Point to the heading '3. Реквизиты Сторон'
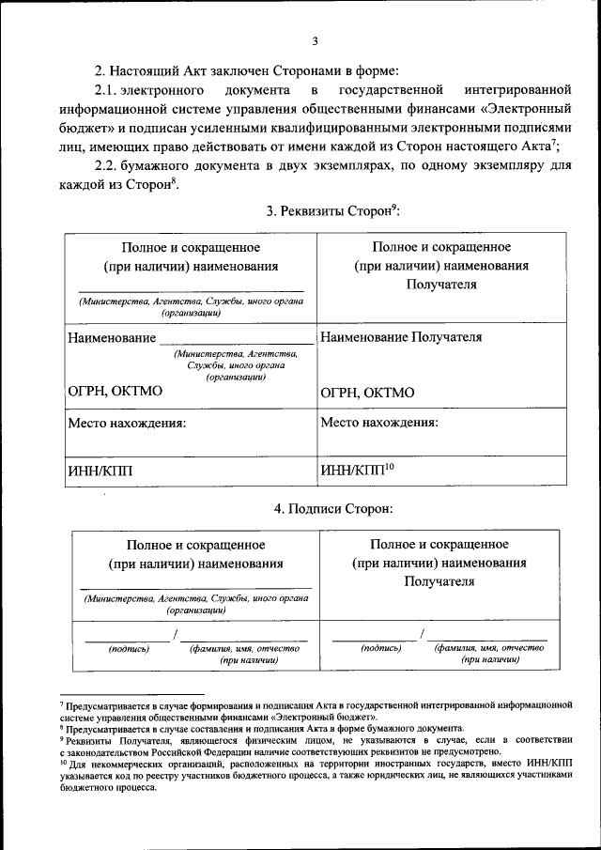[332, 210]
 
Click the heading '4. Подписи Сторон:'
[332, 508]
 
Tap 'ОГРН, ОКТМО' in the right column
[367, 393]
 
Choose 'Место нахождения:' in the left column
[126, 423]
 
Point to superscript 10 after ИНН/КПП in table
[390, 465]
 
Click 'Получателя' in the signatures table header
[439, 581]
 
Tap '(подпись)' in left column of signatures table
[129, 648]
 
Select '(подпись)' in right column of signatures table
[381, 648]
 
